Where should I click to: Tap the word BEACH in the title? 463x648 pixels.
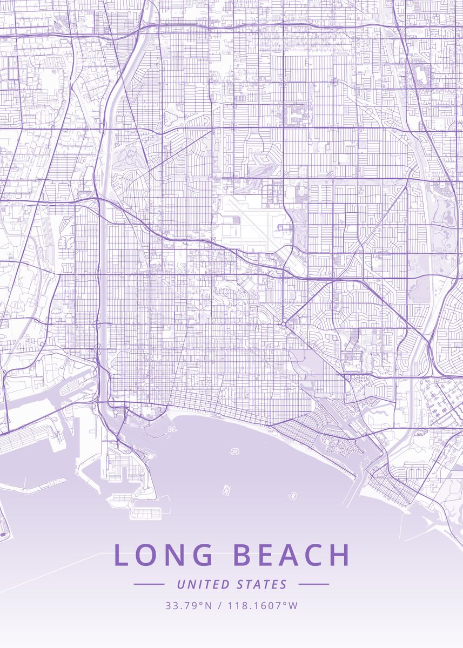(x=291, y=555)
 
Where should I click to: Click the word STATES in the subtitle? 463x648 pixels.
(x=262, y=584)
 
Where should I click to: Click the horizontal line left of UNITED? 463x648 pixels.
(x=149, y=584)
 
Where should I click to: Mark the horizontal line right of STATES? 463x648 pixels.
(x=313, y=584)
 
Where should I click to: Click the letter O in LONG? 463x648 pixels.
(x=146, y=555)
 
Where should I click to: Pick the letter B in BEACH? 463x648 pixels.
(x=241, y=555)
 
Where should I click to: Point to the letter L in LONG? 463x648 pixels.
(x=120, y=555)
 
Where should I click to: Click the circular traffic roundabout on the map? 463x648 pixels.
(x=283, y=324)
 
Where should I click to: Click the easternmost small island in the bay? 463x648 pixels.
(x=293, y=495)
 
